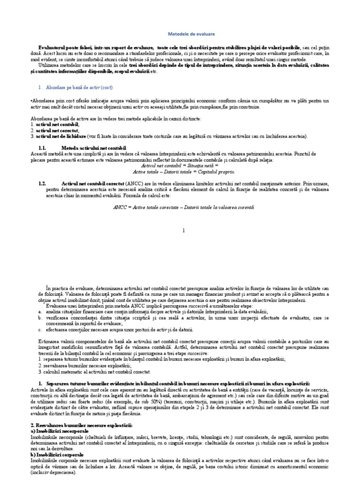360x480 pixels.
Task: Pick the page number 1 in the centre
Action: click(184, 230)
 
